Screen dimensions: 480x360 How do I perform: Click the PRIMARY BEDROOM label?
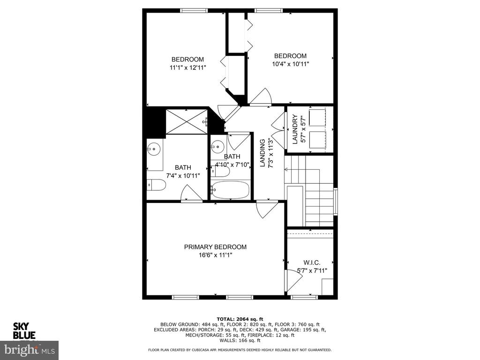click(215, 247)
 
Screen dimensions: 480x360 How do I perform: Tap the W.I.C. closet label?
click(312, 262)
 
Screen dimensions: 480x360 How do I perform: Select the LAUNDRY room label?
click(295, 129)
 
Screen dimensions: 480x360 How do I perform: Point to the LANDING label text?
click(262, 153)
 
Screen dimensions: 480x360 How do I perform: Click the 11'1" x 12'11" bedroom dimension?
click(187, 67)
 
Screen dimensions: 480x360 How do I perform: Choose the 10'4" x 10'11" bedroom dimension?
click(291, 64)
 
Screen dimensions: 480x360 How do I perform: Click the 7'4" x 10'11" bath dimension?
click(183, 176)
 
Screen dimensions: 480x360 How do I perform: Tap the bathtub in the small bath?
click(230, 190)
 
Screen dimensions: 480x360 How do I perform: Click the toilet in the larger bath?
click(157, 185)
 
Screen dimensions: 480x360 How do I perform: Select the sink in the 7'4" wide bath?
click(154, 150)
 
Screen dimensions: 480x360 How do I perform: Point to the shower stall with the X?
click(187, 121)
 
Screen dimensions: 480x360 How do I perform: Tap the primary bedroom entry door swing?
click(267, 210)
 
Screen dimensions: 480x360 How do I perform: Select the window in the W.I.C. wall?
click(304, 297)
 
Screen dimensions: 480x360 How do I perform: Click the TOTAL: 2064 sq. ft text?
click(240, 319)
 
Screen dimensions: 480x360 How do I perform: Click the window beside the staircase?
click(336, 202)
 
